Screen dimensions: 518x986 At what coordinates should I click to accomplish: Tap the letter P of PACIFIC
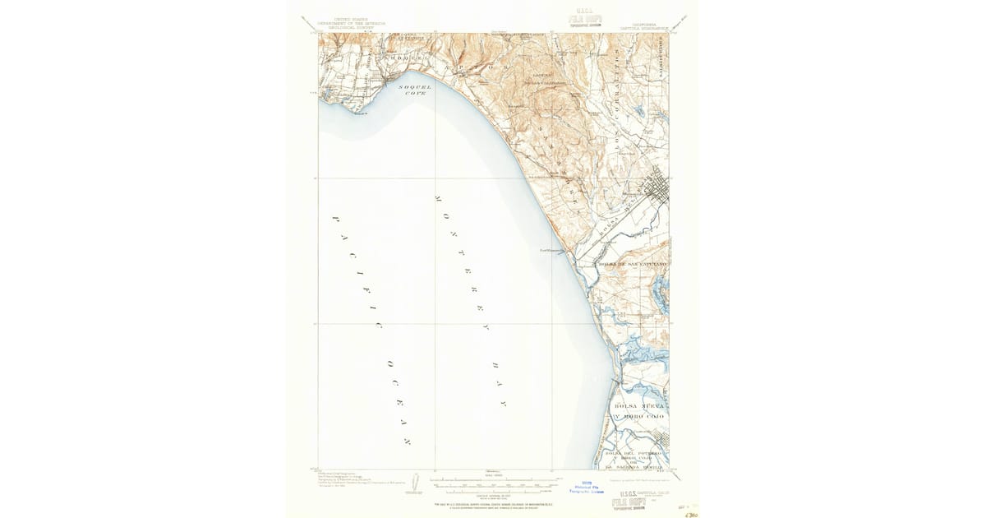[335, 220]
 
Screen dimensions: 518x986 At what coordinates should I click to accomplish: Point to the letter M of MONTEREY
[437, 199]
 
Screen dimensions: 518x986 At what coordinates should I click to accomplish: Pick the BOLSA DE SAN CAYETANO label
[632, 264]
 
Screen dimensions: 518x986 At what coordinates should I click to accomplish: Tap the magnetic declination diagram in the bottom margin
[415, 483]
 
